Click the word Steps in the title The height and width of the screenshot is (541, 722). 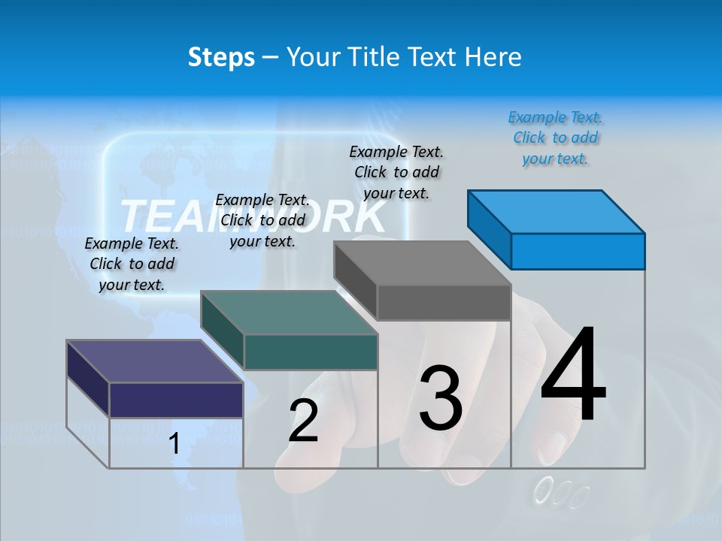[221, 57]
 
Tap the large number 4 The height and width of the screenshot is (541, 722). [574, 376]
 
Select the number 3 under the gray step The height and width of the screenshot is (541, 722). [441, 398]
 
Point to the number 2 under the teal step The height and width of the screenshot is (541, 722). [304, 421]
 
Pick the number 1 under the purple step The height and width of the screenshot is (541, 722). [174, 444]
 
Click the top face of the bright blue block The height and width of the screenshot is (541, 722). [556, 211]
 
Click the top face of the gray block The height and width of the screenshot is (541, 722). [422, 263]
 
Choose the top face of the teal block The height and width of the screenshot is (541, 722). [289, 313]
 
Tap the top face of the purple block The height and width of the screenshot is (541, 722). [155, 361]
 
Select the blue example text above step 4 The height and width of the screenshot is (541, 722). [555, 138]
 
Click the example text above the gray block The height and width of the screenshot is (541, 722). [396, 172]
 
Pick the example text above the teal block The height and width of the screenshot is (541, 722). [262, 221]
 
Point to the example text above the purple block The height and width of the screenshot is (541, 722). [132, 264]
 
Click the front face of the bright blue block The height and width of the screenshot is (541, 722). [578, 251]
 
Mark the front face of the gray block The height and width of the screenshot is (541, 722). [444, 303]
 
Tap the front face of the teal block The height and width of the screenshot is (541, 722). [311, 352]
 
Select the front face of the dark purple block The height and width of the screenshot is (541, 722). [176, 400]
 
